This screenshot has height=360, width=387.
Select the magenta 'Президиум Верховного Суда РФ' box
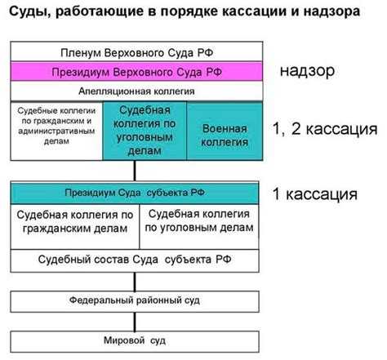[x=136, y=71]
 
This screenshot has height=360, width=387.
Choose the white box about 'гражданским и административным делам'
[x=56, y=129]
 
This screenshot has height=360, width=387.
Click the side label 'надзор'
[x=306, y=71]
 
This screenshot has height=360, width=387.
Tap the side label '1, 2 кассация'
[x=325, y=128]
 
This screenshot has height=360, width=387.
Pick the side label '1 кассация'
[x=315, y=194]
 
